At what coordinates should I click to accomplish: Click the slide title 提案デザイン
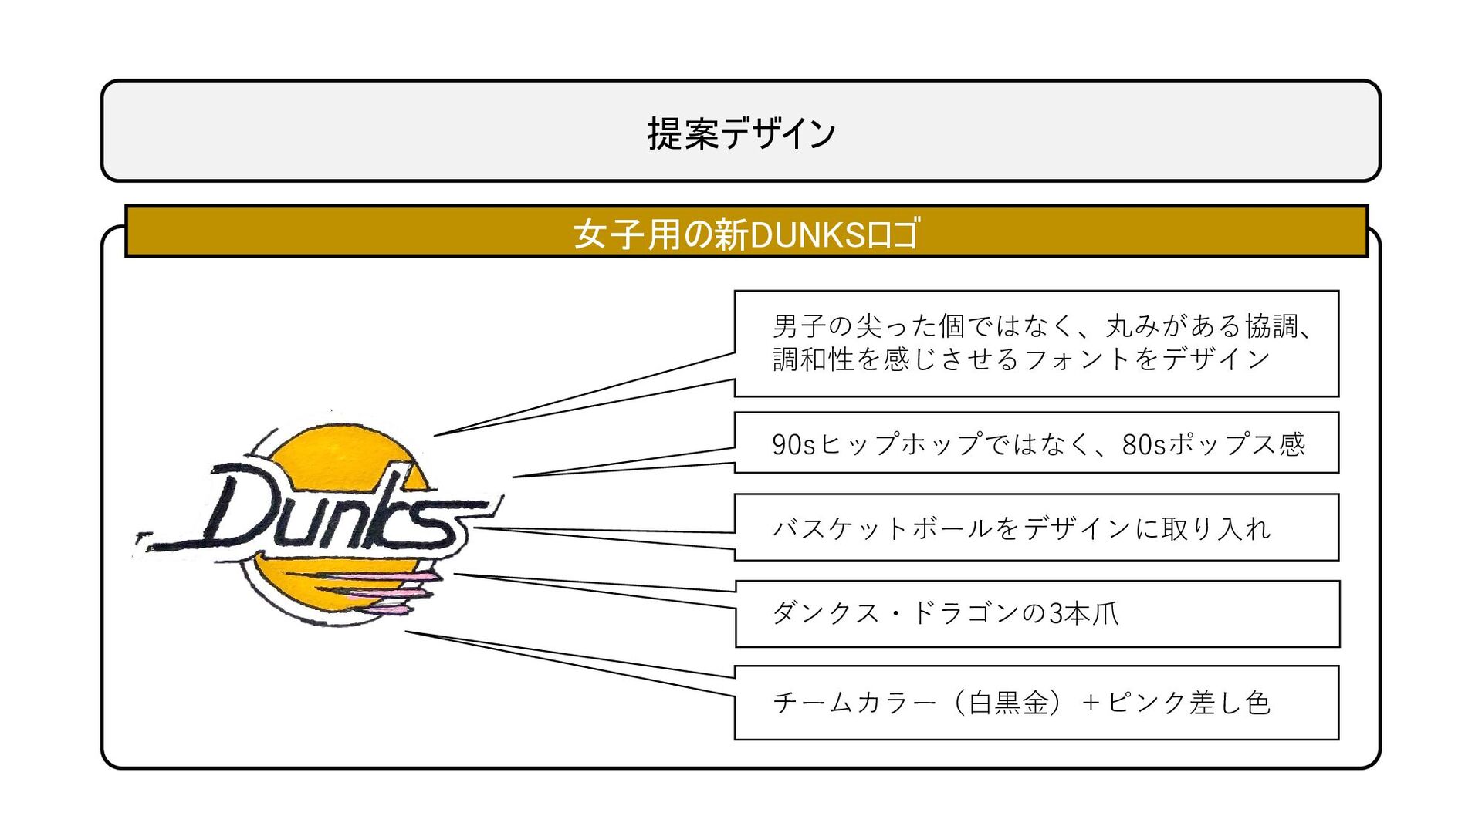[x=741, y=133]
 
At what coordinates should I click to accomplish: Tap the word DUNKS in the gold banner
[x=808, y=234]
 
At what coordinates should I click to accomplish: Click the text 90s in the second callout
[x=793, y=444]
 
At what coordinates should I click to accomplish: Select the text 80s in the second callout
[x=1143, y=444]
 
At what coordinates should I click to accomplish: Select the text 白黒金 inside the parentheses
[x=1009, y=703]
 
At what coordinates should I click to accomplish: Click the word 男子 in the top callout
[x=800, y=325]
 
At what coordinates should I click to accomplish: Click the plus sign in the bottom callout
[x=1091, y=703]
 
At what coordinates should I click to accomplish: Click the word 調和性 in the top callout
[x=814, y=359]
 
